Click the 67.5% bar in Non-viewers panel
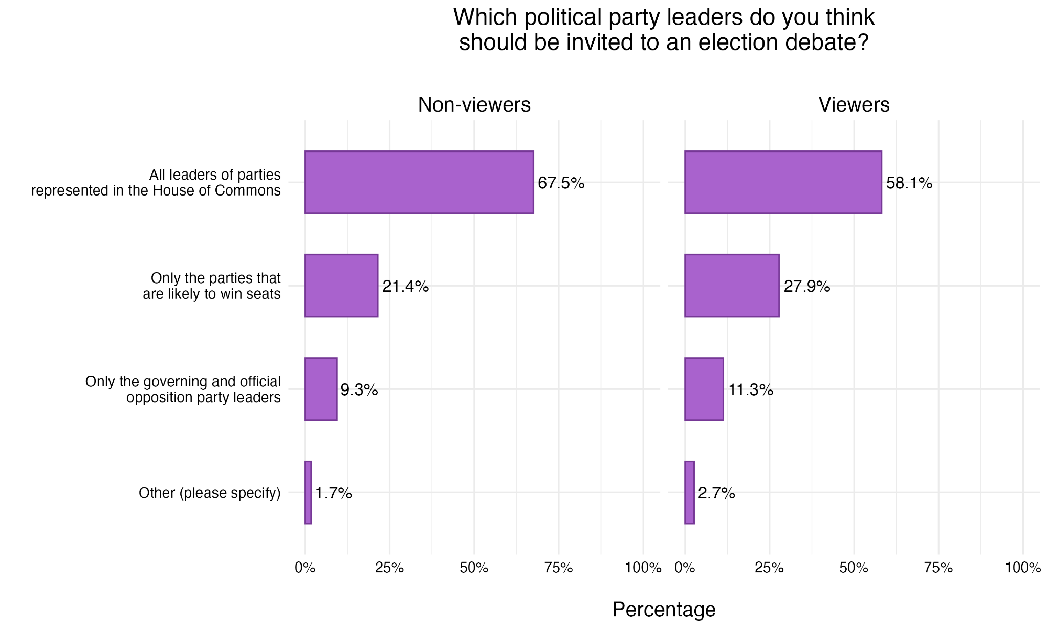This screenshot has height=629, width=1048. tap(419, 182)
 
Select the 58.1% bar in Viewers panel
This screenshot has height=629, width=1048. tap(783, 182)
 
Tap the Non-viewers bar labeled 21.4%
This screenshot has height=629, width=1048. tap(341, 286)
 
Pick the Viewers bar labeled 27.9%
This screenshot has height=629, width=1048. tap(732, 286)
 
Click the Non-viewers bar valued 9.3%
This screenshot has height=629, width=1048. tap(321, 389)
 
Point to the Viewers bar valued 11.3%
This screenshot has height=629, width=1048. tap(704, 389)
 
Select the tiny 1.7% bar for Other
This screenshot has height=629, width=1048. tap(308, 492)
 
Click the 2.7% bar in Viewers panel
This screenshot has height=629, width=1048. tap(689, 492)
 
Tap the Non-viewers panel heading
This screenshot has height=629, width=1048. tap(474, 105)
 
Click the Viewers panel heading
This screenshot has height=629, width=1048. tap(854, 105)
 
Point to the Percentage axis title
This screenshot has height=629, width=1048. tap(664, 610)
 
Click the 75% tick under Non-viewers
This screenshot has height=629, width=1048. tap(558, 568)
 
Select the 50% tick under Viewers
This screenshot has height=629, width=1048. tap(854, 568)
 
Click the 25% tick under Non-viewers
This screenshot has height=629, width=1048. tap(389, 568)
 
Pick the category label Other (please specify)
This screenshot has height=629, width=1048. tap(210, 493)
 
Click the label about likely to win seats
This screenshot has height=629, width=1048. tap(212, 286)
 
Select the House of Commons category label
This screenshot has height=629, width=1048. tap(156, 183)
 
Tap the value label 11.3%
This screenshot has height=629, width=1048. tap(750, 390)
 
